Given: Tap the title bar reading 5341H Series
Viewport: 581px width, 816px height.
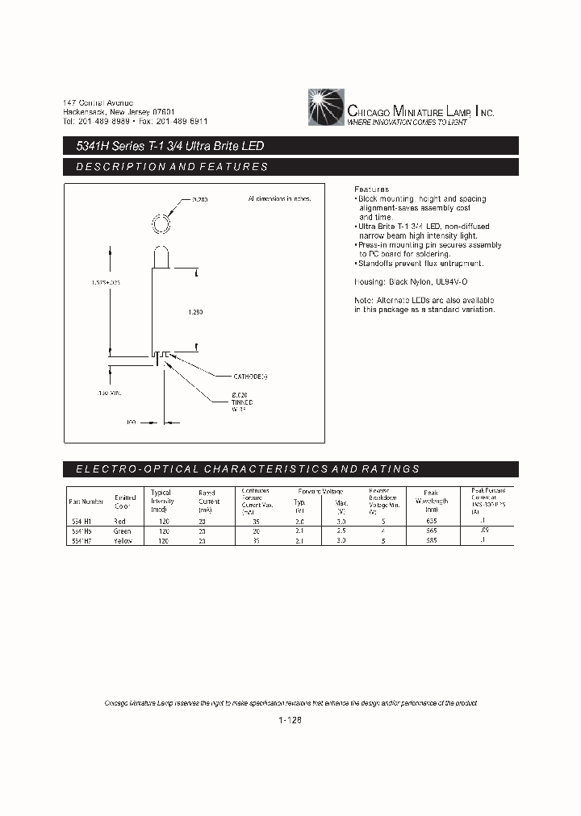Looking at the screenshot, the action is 165,147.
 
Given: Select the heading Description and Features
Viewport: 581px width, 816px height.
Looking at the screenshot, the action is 171,167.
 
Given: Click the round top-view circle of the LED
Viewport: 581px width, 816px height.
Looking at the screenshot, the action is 161,222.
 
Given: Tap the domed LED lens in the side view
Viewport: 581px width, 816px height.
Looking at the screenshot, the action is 161,256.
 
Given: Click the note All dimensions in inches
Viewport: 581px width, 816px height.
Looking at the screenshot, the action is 274,198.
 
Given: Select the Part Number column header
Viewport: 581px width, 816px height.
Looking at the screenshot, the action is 86,502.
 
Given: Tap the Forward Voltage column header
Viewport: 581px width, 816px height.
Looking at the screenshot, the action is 320,491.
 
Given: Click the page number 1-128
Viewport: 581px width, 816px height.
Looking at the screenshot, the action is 290,722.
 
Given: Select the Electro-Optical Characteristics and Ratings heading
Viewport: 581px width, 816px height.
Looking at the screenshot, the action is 247,468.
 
